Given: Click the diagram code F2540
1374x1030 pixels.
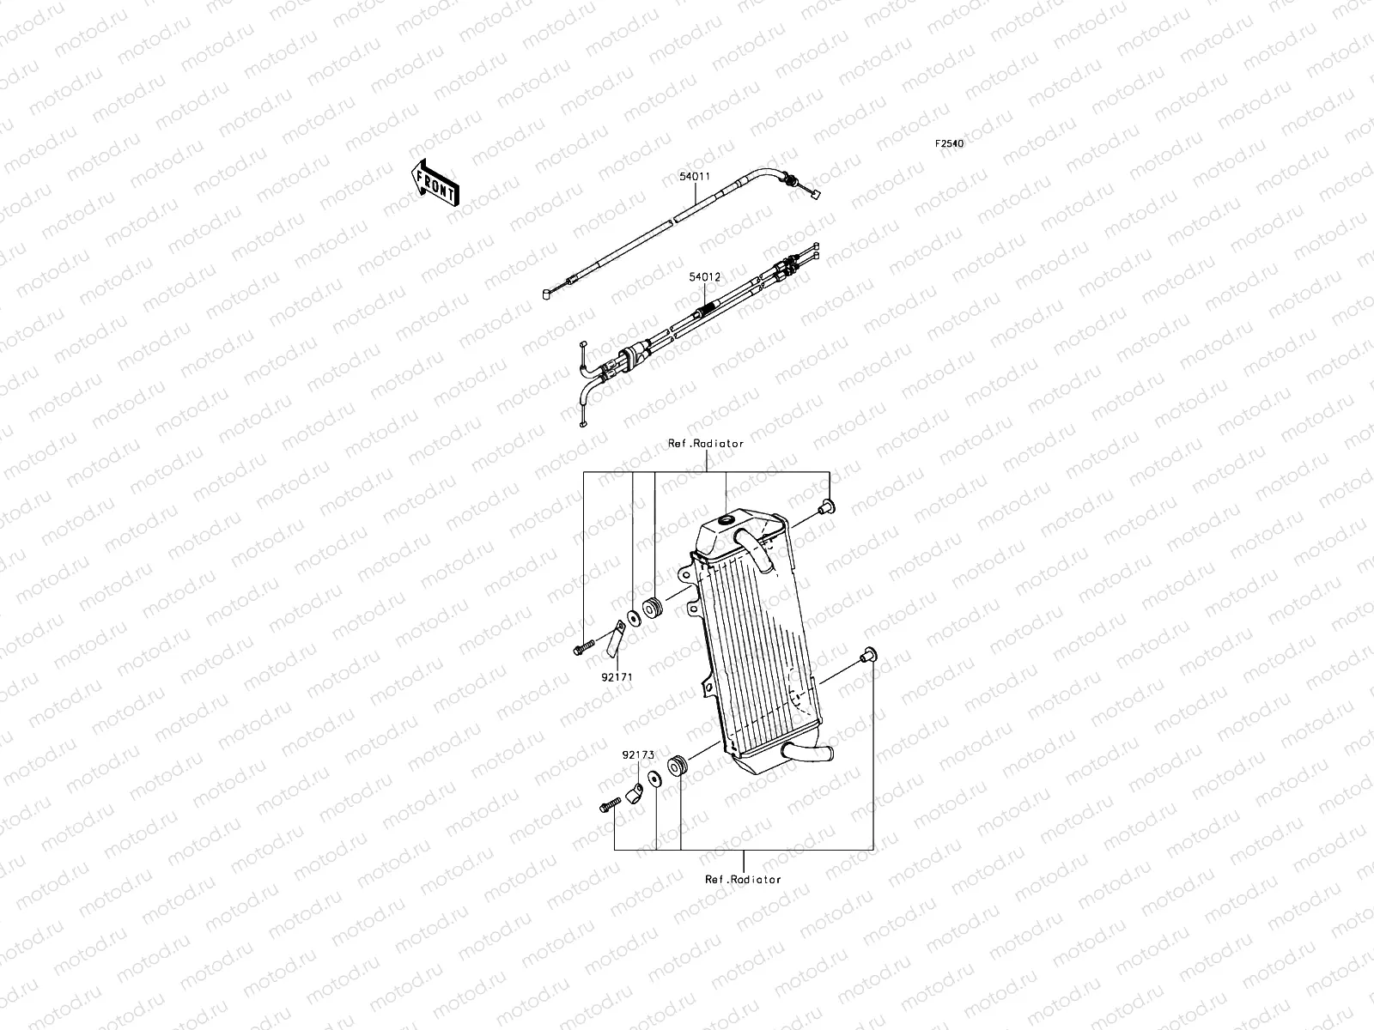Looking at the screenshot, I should [949, 144].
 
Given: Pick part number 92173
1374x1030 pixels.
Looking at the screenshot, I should [638, 755].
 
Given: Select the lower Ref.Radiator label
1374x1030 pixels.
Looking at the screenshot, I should [744, 879].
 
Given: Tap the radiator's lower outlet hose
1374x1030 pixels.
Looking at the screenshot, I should [806, 753].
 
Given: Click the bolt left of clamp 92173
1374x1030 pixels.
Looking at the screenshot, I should [609, 806].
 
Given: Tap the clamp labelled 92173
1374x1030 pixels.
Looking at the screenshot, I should [635, 791].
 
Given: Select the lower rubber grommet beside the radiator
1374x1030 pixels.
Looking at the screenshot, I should [678, 764].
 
